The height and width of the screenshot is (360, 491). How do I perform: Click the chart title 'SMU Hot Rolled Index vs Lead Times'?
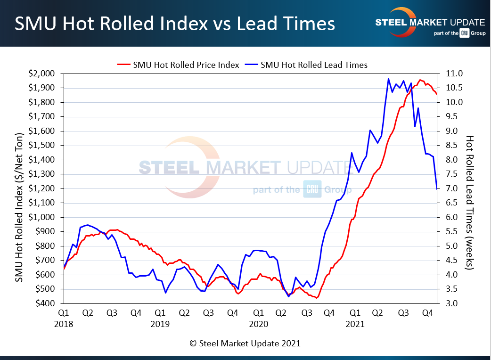[x=174, y=24]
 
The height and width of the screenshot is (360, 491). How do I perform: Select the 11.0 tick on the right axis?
[x=452, y=74]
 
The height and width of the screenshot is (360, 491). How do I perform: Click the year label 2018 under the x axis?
[x=64, y=324]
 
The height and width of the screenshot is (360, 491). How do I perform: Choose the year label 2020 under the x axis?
[x=258, y=324]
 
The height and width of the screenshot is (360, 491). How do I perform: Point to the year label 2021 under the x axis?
[x=355, y=324]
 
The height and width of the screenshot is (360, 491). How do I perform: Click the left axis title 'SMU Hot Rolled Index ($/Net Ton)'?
[x=19, y=188]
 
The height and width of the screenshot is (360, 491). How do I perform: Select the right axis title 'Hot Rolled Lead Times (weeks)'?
[x=469, y=203]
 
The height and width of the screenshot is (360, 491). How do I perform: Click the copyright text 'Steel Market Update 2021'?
[x=245, y=344]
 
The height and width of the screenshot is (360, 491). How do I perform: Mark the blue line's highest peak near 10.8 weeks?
[x=388, y=79]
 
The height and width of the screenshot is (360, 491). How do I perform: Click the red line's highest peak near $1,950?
[x=420, y=80]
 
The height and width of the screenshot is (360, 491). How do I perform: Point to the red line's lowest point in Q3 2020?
[x=317, y=298]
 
